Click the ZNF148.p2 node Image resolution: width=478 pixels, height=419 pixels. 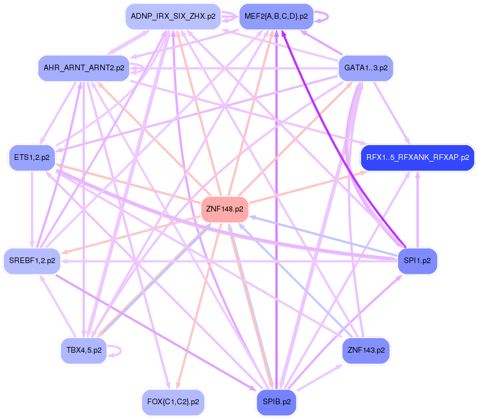tap(224, 209)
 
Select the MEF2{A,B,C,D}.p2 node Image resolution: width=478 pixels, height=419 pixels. tap(276, 16)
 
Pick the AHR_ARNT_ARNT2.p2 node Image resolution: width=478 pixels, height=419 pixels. tap(83, 68)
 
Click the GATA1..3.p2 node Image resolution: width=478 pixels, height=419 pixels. tap(366, 68)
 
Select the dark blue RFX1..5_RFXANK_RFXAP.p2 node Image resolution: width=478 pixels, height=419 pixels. tap(417, 158)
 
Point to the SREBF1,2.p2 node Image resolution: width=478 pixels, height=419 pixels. tap(32, 261)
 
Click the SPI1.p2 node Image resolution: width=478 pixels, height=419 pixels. tap(418, 261)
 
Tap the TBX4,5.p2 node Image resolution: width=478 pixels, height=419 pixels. tap(84, 350)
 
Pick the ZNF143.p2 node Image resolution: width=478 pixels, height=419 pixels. tap(366, 350)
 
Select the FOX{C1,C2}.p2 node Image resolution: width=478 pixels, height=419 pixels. tap(172, 402)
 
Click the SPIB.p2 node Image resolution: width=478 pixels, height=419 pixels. tap(277, 402)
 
